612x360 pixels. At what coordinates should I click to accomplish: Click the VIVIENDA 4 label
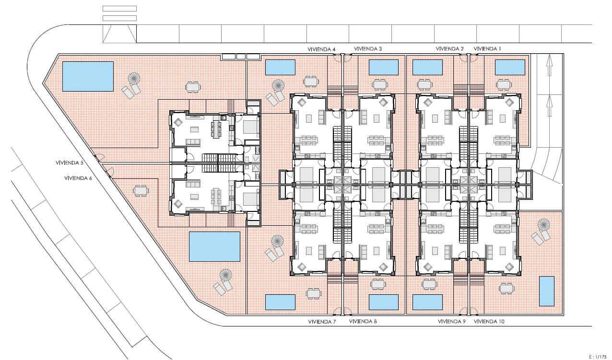(321, 49)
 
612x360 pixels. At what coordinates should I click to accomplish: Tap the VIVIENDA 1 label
(487, 49)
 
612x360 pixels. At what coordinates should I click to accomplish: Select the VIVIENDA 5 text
(70, 163)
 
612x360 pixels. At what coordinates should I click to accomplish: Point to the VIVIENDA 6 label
(78, 178)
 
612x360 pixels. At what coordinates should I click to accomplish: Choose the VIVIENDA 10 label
(489, 322)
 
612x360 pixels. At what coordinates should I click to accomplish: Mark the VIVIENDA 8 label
(363, 322)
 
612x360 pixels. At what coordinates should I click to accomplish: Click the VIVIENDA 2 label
(449, 49)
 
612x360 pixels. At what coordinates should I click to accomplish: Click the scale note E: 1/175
(600, 356)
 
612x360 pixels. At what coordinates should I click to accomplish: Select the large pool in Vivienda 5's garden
(88, 76)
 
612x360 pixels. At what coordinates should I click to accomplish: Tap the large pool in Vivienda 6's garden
(214, 246)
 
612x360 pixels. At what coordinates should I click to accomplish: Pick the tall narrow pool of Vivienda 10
(546, 291)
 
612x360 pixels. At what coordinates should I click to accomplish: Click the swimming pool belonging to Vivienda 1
(510, 68)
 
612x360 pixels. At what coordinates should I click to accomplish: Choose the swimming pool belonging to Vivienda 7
(280, 302)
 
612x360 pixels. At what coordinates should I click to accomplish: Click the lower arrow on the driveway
(549, 105)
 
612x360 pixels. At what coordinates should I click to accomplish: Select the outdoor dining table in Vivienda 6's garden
(141, 190)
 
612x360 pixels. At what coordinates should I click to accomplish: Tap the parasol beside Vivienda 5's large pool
(134, 79)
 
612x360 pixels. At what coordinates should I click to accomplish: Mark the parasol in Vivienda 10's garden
(543, 225)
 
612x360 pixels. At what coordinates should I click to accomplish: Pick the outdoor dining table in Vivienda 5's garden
(193, 87)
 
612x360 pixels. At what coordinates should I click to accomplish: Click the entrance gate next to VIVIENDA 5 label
(100, 158)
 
